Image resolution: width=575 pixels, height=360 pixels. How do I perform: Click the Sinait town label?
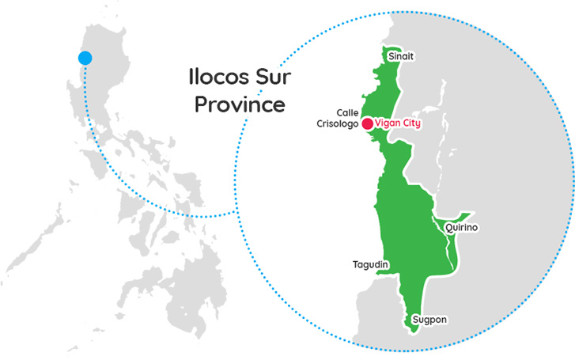[x=400, y=56]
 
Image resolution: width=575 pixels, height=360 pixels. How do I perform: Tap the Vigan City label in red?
[x=399, y=124]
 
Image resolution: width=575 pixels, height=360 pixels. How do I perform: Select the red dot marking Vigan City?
[x=367, y=123]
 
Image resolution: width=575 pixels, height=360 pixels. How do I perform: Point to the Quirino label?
[x=461, y=228]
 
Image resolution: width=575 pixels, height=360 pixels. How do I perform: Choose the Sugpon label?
[x=429, y=320]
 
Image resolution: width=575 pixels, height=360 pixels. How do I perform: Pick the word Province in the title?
[x=240, y=104]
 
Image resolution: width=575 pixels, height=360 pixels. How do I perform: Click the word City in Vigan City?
[x=410, y=124]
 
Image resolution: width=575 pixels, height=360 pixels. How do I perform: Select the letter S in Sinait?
[x=389, y=56]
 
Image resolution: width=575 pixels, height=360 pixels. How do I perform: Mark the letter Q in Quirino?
[x=448, y=228]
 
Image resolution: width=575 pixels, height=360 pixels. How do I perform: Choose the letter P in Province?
[x=201, y=104]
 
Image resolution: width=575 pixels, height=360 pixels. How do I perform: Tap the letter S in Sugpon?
[x=414, y=320]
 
